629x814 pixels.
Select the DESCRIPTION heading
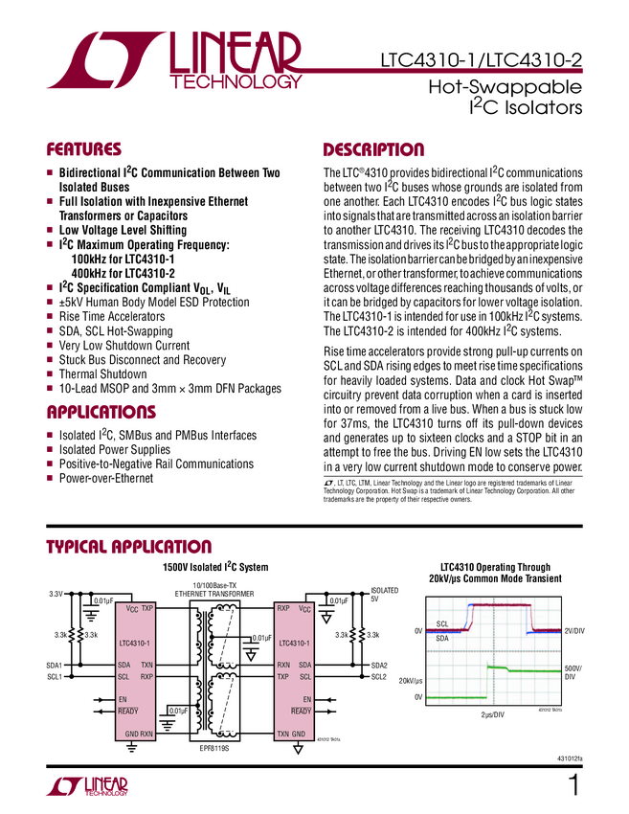pos(373,150)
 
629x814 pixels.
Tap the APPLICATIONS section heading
pos(101,413)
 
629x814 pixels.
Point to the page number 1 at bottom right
pos(573,786)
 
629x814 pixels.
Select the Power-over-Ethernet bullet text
pos(105,478)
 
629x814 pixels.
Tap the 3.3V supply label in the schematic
pos(56,595)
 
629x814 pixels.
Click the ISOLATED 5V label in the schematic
pos(384,595)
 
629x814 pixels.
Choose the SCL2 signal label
pos(380,677)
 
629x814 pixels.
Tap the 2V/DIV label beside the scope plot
pos(574,630)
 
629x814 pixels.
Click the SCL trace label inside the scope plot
pos(441,623)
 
